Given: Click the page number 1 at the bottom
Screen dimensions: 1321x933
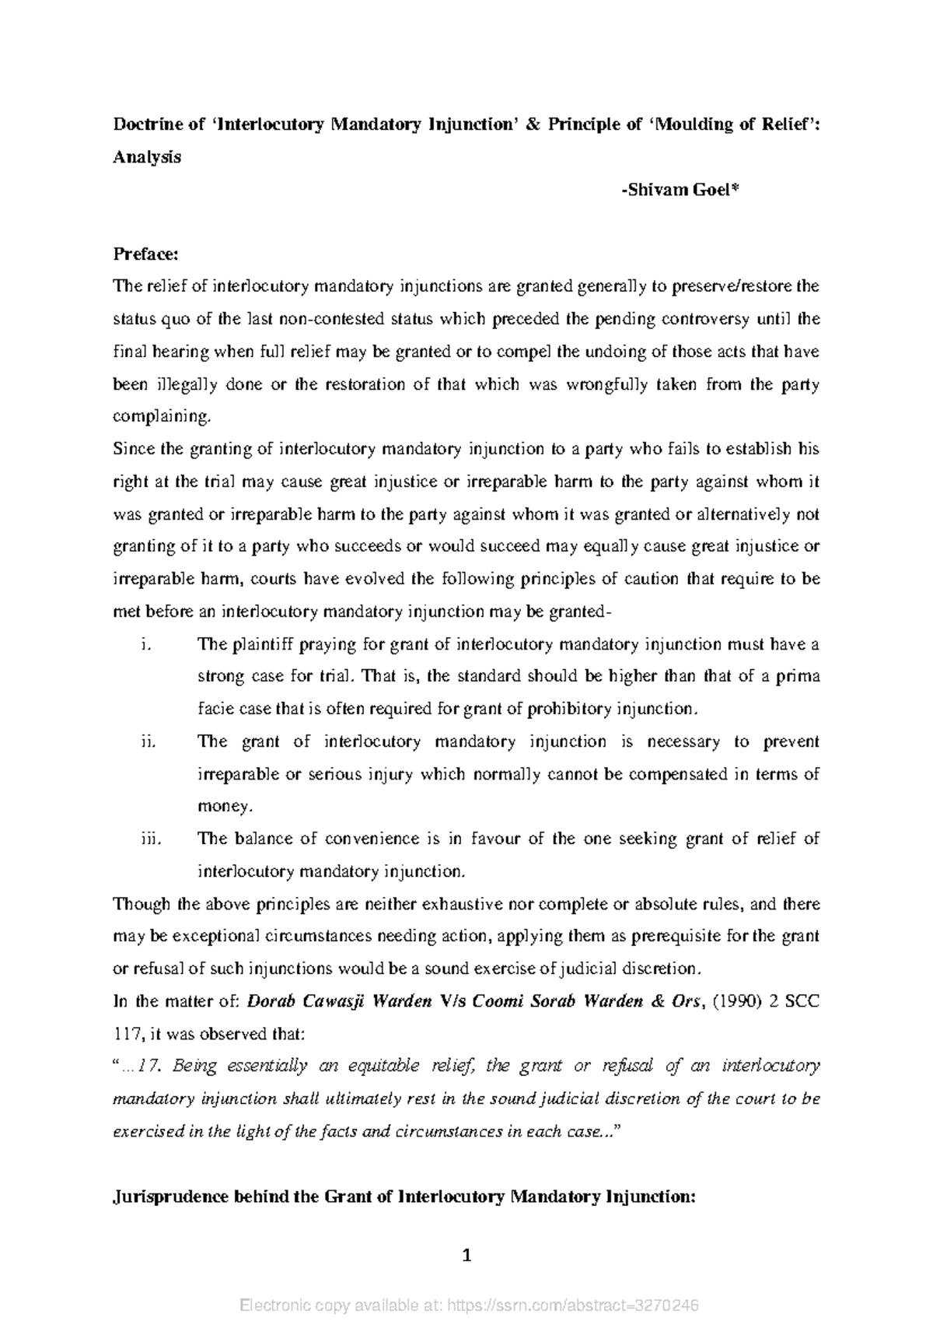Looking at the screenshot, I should coord(466,1255).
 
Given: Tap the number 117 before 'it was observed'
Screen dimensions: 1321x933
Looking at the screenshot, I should coord(128,1035).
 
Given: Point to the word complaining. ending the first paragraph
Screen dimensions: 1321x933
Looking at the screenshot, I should coord(162,416).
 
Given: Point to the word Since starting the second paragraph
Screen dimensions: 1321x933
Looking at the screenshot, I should coord(134,449).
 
